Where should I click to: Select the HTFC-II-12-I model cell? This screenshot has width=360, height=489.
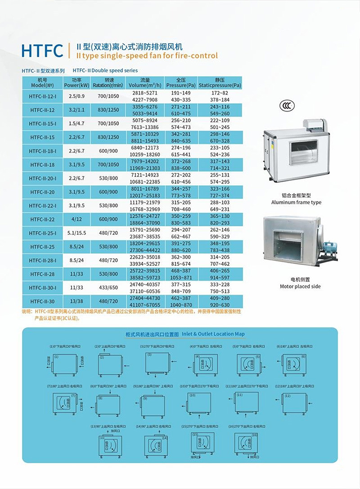click(42, 96)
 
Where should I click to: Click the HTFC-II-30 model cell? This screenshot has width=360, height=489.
click(42, 301)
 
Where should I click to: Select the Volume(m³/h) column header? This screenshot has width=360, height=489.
click(145, 82)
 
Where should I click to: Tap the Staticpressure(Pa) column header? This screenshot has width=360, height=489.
click(220, 82)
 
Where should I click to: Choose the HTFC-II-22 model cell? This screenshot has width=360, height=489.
click(42, 219)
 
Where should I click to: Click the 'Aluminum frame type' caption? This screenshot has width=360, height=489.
click(296, 202)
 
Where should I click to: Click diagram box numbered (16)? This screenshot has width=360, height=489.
click(246, 444)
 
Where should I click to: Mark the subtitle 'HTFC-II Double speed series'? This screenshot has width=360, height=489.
click(105, 71)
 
